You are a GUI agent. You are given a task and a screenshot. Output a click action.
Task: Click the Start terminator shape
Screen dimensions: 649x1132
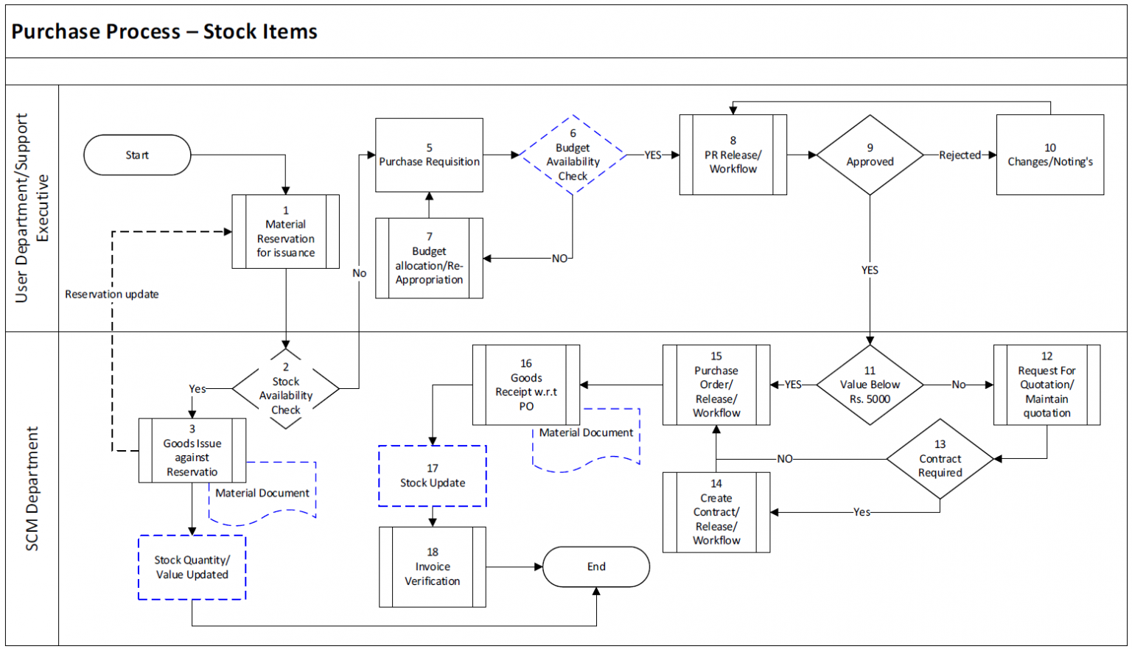[137, 155]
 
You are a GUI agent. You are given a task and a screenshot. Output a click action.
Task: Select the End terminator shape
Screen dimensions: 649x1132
[596, 566]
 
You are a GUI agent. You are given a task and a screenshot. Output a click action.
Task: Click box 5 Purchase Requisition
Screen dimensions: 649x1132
[429, 155]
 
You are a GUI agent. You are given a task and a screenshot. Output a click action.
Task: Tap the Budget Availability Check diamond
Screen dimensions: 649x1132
[573, 155]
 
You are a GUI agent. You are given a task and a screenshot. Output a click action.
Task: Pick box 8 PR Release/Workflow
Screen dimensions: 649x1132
[733, 155]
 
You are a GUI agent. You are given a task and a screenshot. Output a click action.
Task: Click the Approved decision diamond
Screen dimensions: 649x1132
[870, 155]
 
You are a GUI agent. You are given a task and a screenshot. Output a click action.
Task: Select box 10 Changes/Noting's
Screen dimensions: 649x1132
[1049, 155]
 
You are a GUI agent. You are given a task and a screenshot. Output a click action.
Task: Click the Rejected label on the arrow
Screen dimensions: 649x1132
[960, 155]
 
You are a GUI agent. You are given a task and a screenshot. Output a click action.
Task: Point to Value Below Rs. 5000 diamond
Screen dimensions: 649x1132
[870, 385]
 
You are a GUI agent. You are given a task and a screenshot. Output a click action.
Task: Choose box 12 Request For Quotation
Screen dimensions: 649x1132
[1047, 385]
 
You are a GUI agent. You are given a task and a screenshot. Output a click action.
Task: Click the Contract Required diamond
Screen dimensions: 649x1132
[940, 459]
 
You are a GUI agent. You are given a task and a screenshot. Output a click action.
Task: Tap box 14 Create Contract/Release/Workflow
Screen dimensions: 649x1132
[716, 512]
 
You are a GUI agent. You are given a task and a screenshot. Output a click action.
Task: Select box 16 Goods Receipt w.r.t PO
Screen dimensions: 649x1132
[526, 385]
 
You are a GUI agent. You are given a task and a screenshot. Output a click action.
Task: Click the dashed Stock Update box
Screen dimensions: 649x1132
[433, 476]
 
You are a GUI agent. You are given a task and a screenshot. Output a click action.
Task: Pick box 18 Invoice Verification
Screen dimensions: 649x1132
[433, 566]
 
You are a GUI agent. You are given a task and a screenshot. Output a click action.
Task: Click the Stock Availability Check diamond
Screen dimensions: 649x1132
[286, 388]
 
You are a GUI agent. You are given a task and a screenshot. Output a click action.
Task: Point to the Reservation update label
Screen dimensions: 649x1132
[112, 294]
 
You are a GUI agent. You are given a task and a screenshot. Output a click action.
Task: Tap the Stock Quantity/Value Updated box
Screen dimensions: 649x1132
[192, 567]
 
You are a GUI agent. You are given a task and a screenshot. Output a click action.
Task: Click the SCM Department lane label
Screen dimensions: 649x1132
[32, 488]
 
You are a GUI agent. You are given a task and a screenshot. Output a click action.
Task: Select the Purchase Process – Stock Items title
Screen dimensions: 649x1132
[164, 32]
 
